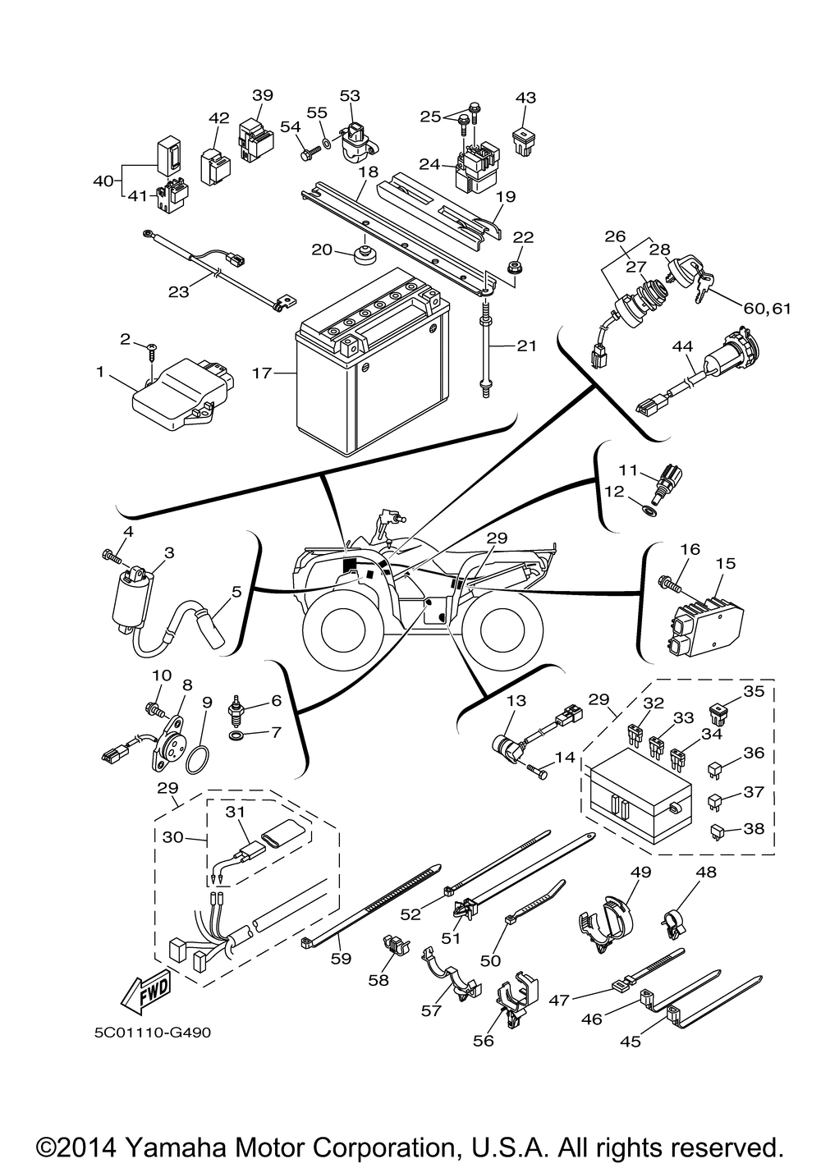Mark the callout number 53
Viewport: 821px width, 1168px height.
click(350, 95)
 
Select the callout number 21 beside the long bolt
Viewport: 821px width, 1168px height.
click(525, 346)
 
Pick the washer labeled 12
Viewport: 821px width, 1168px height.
click(649, 511)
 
